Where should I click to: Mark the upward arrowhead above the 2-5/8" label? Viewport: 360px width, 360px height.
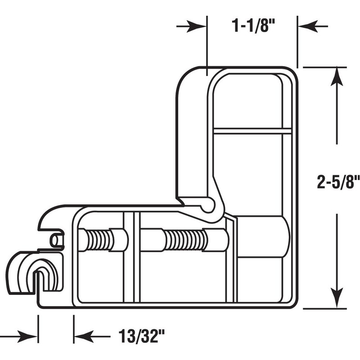pyautogui.click(x=337, y=76)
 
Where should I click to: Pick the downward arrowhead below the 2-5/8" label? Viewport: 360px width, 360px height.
pyautogui.click(x=337, y=299)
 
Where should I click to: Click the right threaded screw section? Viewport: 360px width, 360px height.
pyautogui.click(x=185, y=240)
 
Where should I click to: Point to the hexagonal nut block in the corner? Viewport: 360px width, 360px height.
pyautogui.click(x=261, y=236)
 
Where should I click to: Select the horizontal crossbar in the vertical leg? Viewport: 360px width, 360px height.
pyautogui.click(x=252, y=131)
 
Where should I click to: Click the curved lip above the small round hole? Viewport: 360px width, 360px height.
pyautogui.click(x=49, y=216)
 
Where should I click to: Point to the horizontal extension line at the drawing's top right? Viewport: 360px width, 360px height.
pyautogui.click(x=324, y=67)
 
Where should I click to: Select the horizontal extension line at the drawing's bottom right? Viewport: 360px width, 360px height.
pyautogui.click(x=324, y=309)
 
